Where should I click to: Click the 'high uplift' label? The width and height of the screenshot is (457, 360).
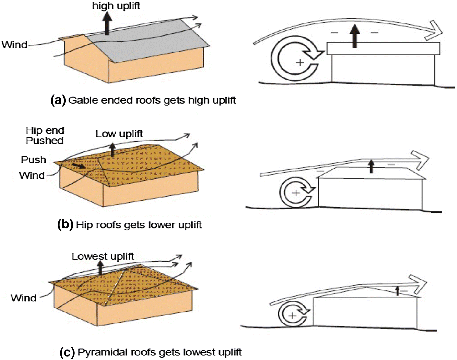pyautogui.click(x=116, y=6)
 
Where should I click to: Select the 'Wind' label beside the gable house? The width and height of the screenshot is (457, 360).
pyautogui.click(x=14, y=45)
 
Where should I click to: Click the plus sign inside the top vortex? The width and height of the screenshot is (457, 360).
pyautogui.click(x=300, y=62)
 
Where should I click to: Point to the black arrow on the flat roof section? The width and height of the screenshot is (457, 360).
pyautogui.click(x=354, y=36)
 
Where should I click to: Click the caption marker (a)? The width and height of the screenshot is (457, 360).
pyautogui.click(x=58, y=100)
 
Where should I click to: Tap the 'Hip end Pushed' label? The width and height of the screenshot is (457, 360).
pyautogui.click(x=45, y=136)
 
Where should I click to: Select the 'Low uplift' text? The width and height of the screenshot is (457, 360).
pyautogui.click(x=119, y=134)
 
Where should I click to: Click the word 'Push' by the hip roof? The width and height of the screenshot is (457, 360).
pyautogui.click(x=34, y=160)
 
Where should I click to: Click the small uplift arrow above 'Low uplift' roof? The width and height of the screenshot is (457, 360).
pyautogui.click(x=113, y=150)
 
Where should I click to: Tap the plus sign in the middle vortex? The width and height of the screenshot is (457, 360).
pyautogui.click(x=296, y=193)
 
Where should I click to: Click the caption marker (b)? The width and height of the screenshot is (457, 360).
pyautogui.click(x=65, y=225)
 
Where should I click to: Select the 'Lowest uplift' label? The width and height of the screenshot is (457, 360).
pyautogui.click(x=103, y=256)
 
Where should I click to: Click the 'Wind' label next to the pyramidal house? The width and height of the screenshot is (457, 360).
pyautogui.click(x=23, y=298)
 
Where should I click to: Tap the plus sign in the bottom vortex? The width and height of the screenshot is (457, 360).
pyautogui.click(x=292, y=315)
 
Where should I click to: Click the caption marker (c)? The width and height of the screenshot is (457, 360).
pyautogui.click(x=67, y=352)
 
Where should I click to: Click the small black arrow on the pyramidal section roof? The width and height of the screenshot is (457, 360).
pyautogui.click(x=397, y=291)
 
